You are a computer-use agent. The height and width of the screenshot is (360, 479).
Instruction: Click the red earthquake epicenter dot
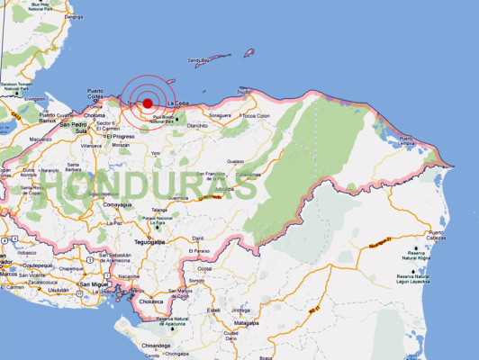(x=148, y=103)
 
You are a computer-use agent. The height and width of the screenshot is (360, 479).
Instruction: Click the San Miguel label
(x=95, y=284)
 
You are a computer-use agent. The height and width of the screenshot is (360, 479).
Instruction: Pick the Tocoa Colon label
(x=257, y=116)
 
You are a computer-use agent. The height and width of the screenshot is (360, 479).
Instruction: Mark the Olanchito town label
(x=197, y=125)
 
